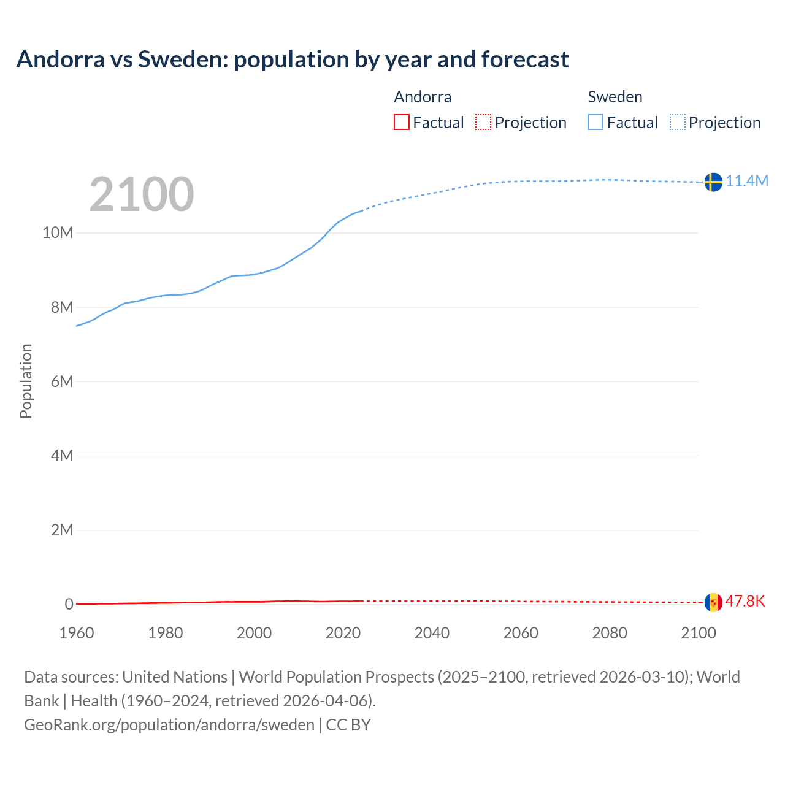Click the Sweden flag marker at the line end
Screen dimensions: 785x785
click(713, 182)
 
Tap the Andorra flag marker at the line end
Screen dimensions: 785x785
click(713, 602)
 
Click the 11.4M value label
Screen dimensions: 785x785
click(747, 181)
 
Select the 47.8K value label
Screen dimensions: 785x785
click(745, 601)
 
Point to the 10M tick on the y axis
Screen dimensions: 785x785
click(58, 233)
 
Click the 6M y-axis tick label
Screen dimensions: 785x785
click(62, 381)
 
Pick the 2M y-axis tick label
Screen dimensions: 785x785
click(62, 530)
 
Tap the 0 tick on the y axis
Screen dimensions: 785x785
click(69, 604)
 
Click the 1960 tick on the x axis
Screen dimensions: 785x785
click(77, 633)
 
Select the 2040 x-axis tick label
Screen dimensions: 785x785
click(432, 633)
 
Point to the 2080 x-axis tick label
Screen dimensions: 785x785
click(610, 633)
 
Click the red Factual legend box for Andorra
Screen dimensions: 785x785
click(401, 122)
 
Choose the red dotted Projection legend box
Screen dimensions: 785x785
click(483, 122)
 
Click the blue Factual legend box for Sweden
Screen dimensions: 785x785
click(595, 122)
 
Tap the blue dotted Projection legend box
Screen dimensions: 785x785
click(677, 122)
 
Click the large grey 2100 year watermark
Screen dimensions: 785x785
click(142, 194)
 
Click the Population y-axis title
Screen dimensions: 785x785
click(26, 381)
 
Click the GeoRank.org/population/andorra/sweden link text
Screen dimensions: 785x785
click(169, 724)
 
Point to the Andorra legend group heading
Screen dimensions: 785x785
click(423, 97)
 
